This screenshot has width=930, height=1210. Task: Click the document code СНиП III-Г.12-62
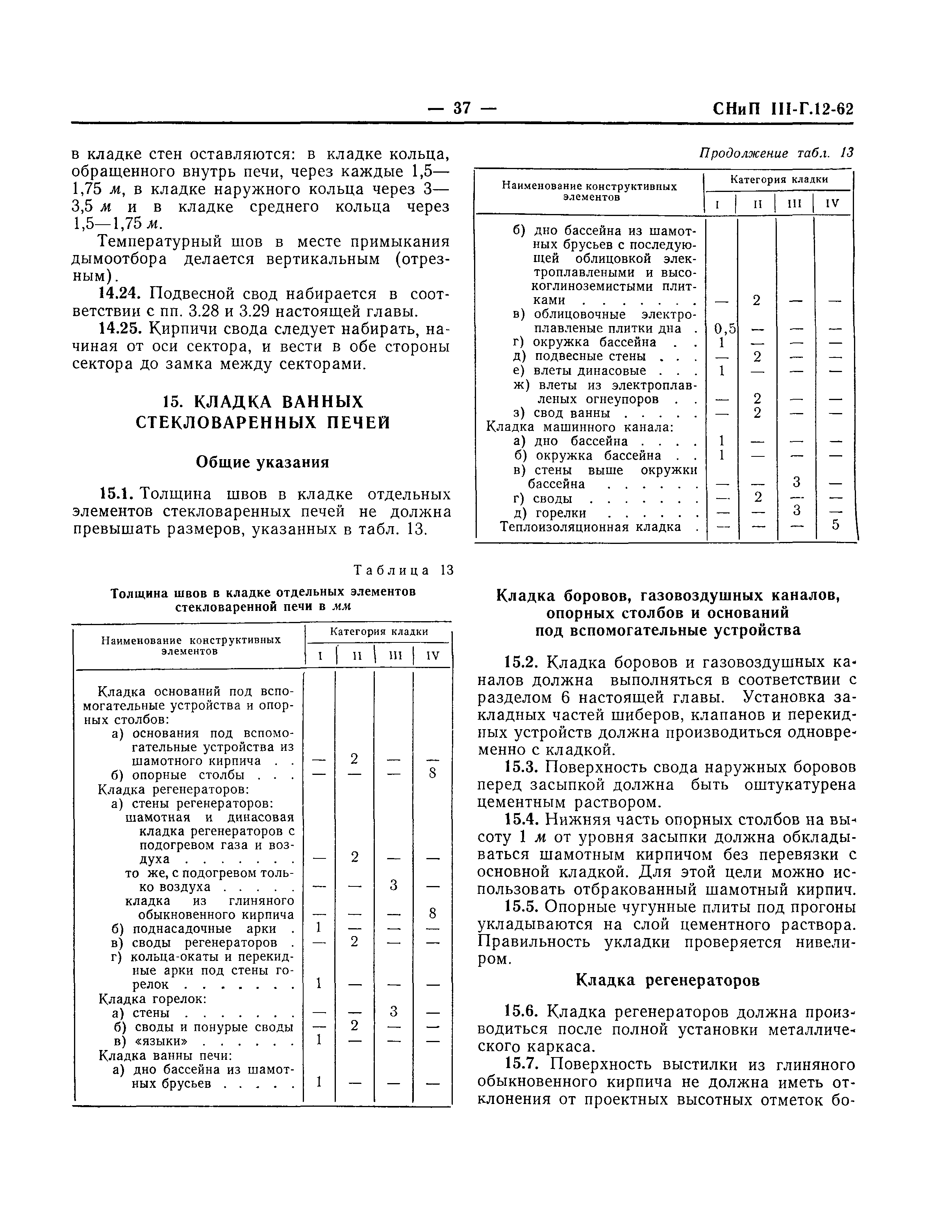(783, 109)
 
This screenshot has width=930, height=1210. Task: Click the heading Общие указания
(262, 462)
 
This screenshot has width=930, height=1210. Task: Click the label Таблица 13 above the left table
(404, 570)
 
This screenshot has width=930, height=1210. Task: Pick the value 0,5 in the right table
(724, 329)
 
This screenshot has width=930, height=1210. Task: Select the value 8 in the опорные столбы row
(432, 773)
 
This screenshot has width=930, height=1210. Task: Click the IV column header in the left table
(432, 656)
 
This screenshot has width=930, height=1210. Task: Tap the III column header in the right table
(795, 203)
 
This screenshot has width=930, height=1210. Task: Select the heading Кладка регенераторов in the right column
(668, 980)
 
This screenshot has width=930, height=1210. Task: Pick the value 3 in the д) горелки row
(796, 509)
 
